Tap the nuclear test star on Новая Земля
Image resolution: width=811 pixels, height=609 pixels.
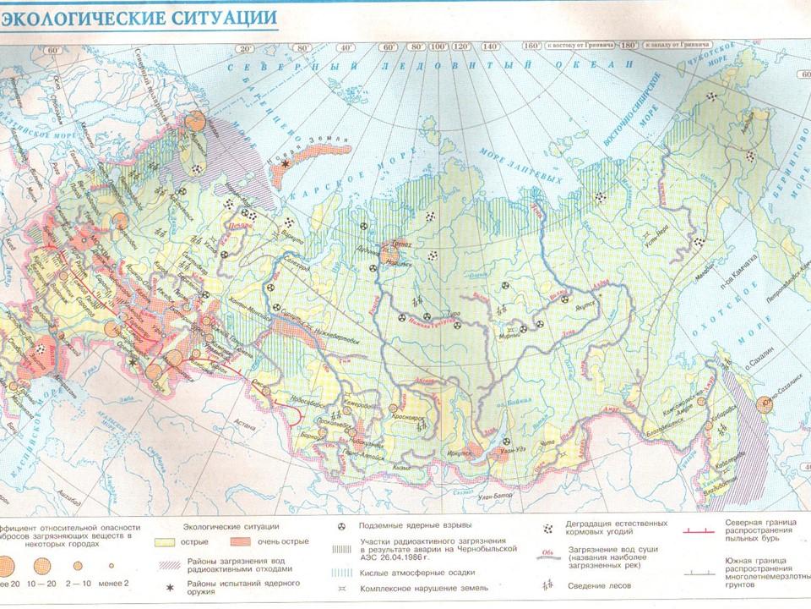286,162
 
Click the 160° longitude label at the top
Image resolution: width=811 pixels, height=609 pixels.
533,47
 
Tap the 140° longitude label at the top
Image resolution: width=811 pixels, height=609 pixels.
488,47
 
